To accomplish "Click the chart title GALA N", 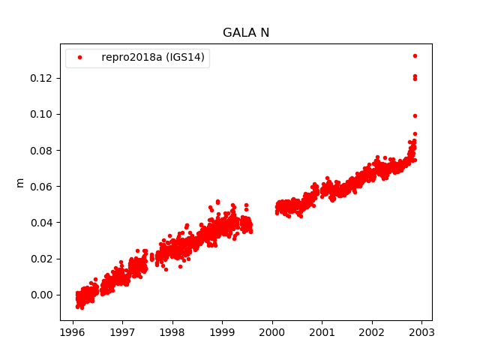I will click(246, 33).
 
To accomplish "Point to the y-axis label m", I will click(20, 182).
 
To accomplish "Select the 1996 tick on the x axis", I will click(73, 332).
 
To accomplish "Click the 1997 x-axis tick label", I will click(122, 332).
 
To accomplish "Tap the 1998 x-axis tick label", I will click(172, 332).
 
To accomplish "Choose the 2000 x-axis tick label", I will click(272, 332).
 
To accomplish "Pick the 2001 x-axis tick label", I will click(322, 332).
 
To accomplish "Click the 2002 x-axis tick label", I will click(372, 332).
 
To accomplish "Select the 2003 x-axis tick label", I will click(421, 332).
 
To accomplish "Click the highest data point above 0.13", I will click(415, 55).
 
